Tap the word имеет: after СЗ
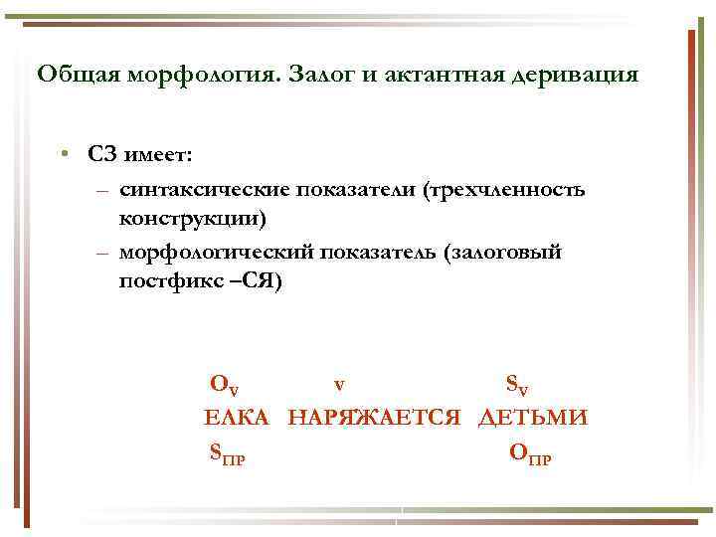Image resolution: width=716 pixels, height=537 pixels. (160, 154)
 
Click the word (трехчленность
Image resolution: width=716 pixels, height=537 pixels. (505, 189)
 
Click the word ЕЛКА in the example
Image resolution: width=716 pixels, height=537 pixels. (236, 418)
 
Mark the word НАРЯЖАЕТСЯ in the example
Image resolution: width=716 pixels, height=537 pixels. (374, 418)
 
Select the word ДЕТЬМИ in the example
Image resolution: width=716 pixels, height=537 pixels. (533, 418)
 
